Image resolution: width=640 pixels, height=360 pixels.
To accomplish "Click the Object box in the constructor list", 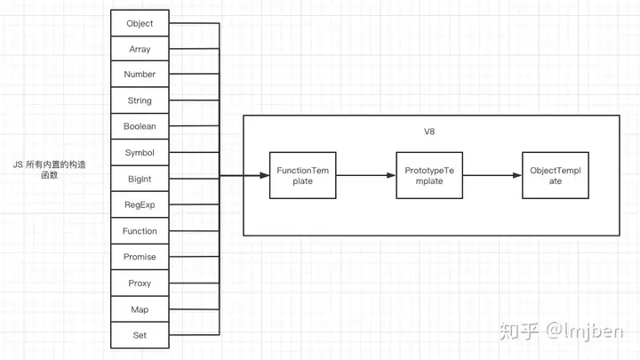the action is pyautogui.click(x=140, y=23).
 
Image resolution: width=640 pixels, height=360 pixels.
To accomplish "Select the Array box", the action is pyautogui.click(x=140, y=49).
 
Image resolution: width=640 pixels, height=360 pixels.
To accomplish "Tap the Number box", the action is pyautogui.click(x=140, y=74).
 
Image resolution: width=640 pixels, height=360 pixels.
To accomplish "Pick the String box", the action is pyautogui.click(x=140, y=100).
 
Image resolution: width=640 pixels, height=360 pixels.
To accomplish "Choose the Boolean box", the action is pyautogui.click(x=140, y=126).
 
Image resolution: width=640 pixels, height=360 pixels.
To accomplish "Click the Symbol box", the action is pyautogui.click(x=140, y=152).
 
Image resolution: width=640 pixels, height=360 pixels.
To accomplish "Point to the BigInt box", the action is pyautogui.click(x=140, y=179).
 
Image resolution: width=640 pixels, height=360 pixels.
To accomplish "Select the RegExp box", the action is pyautogui.click(x=140, y=204).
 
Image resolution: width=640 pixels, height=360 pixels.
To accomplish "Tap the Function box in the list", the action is pyautogui.click(x=140, y=230).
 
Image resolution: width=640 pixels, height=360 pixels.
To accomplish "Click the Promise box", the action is pyautogui.click(x=140, y=257).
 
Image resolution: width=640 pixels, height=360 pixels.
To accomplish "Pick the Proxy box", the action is pyautogui.click(x=140, y=283).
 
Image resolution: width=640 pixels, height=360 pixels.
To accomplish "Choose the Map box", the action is pyautogui.click(x=140, y=309).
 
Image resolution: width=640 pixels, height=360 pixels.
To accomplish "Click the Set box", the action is pyautogui.click(x=140, y=335).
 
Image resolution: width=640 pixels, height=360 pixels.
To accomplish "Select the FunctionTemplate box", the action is pyautogui.click(x=303, y=175).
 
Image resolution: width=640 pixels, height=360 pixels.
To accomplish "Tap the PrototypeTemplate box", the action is pyautogui.click(x=429, y=175).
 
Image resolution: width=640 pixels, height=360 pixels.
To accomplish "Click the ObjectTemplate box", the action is pyautogui.click(x=556, y=175).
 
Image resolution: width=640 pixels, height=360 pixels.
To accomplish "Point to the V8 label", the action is pyautogui.click(x=429, y=132).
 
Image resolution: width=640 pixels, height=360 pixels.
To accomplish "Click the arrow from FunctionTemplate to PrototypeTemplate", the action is pyautogui.click(x=366, y=175).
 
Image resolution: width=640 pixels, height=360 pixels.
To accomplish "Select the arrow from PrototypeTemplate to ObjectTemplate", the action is pyautogui.click(x=492, y=175).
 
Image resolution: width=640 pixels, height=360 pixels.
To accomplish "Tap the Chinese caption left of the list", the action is pyautogui.click(x=50, y=170).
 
